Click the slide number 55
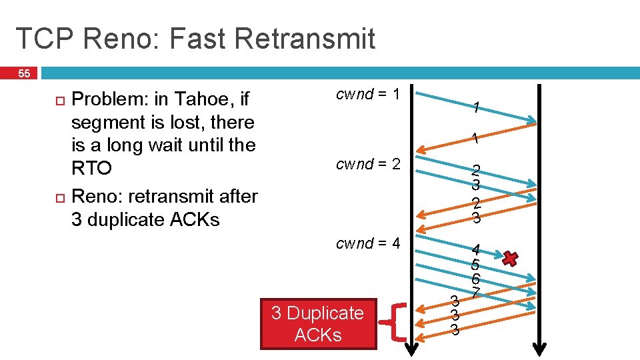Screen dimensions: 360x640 (23, 73)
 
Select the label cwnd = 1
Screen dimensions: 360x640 (367, 95)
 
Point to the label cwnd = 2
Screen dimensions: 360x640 (367, 164)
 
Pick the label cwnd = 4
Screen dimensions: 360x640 (367, 243)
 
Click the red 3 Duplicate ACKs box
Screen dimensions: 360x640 (318, 324)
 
